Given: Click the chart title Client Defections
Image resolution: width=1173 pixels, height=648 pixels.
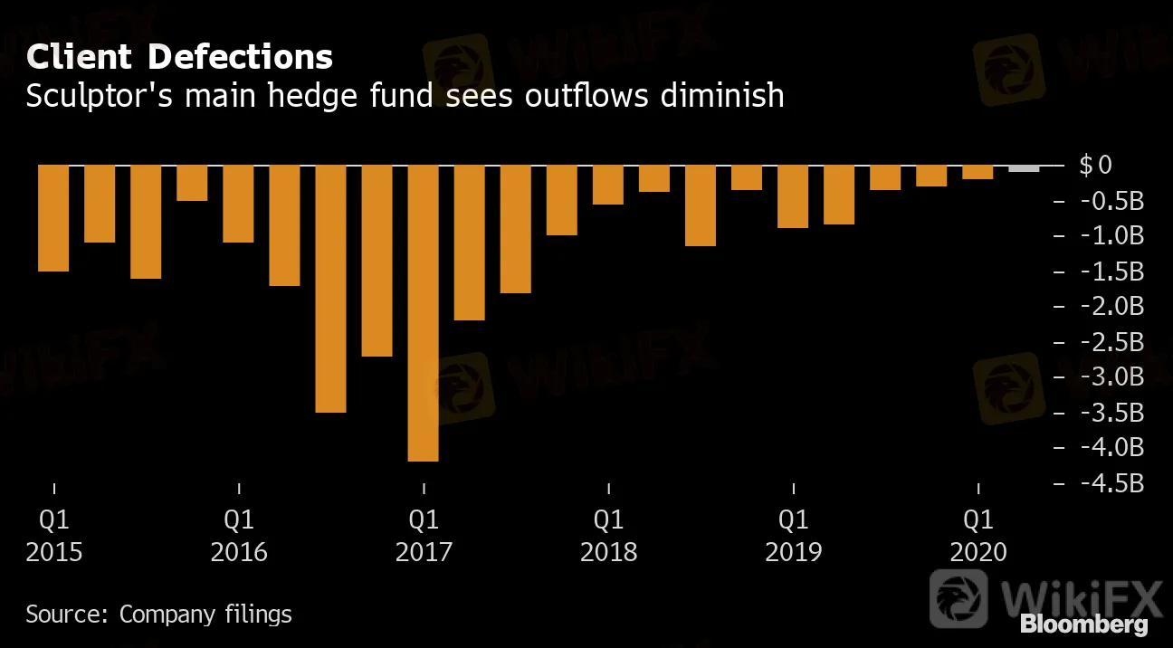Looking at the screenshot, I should click(179, 58).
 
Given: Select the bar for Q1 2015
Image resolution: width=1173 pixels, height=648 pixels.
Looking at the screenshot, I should click(54, 217).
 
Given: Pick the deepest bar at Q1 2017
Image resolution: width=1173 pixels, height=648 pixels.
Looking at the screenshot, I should click(424, 312).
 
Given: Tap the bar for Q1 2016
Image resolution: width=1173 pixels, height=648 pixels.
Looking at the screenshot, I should click(239, 204).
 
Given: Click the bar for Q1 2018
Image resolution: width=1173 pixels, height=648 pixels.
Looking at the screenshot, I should click(608, 185).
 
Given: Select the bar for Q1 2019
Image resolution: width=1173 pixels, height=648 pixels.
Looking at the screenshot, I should click(793, 195).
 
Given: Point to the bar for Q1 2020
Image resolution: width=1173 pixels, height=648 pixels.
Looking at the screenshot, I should click(977, 172).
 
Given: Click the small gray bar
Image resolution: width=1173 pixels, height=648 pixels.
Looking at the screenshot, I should click(1024, 168).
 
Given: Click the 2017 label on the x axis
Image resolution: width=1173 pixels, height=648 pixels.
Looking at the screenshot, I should click(424, 552).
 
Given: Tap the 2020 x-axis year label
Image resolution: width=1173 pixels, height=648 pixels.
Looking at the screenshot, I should click(977, 552).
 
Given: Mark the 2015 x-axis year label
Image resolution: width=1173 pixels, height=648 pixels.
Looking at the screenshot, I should click(54, 552).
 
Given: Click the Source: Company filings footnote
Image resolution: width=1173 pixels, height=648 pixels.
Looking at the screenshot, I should click(158, 615).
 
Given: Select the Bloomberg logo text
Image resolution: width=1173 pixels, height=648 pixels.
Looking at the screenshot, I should click(1083, 624).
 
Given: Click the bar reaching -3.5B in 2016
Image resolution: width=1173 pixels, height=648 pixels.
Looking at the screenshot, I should click(331, 288).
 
